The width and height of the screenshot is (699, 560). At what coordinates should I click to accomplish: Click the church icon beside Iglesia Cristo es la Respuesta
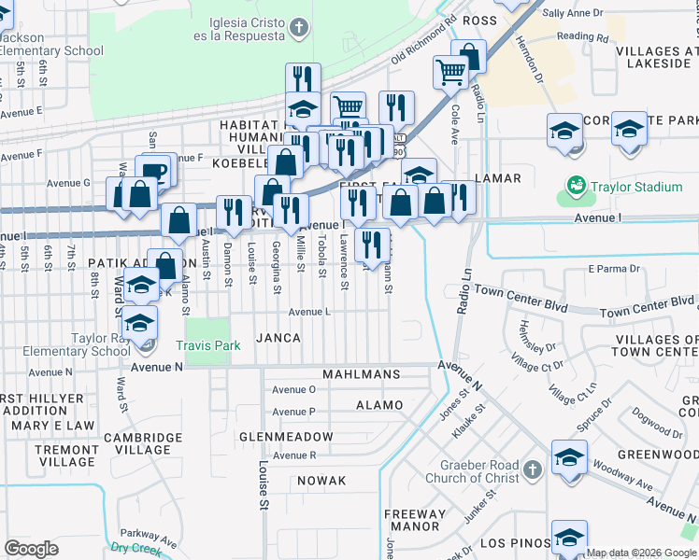[298, 27]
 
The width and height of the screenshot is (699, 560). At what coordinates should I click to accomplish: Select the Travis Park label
[208, 345]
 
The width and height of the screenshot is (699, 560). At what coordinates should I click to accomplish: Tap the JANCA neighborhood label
[278, 338]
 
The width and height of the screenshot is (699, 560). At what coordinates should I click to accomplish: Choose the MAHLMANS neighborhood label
[361, 374]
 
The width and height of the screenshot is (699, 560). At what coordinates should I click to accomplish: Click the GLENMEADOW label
[286, 437]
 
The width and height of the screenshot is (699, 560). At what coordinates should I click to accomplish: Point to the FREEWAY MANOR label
[416, 520]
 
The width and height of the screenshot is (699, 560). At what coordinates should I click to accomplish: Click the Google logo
[31, 548]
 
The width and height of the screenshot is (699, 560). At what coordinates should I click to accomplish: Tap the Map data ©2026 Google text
[641, 553]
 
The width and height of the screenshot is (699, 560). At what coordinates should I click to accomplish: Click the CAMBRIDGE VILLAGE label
[142, 444]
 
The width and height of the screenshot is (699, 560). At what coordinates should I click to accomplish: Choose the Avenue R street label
[294, 455]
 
